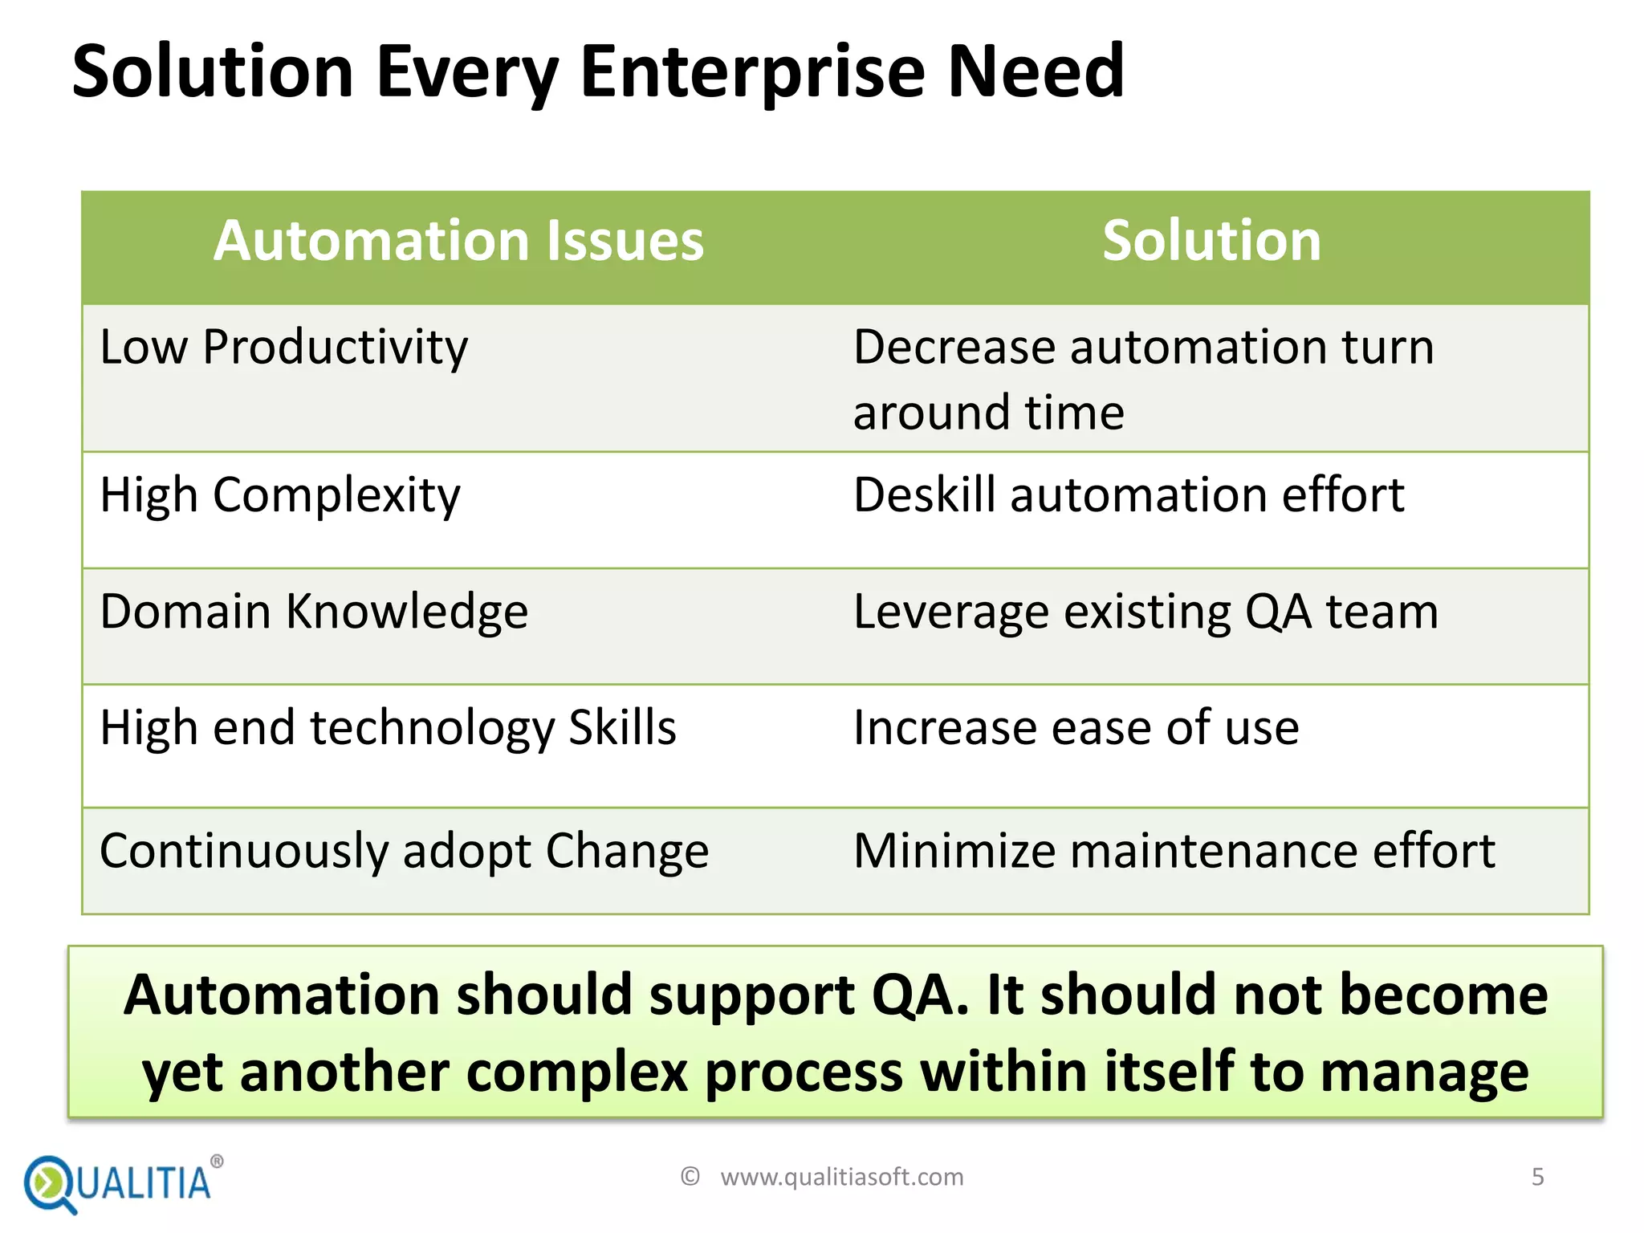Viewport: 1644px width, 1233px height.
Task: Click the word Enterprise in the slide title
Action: point(753,72)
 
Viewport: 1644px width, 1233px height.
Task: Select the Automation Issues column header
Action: point(458,241)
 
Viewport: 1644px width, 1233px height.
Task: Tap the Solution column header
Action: point(1211,241)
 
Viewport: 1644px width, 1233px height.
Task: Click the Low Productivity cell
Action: point(283,348)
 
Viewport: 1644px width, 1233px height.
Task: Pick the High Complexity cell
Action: point(280,495)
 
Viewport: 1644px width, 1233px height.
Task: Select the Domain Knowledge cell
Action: point(314,612)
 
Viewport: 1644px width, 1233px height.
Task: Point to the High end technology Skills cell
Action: point(388,728)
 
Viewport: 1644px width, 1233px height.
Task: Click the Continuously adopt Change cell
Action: point(404,851)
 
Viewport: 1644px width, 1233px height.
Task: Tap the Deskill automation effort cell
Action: point(1128,495)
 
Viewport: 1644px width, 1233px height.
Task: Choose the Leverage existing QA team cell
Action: point(1146,612)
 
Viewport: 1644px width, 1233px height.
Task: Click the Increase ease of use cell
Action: point(1076,728)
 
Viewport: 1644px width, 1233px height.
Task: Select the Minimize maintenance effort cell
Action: point(1174,851)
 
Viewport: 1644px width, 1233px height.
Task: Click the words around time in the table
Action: point(988,413)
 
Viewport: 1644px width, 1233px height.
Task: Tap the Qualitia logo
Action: point(119,1183)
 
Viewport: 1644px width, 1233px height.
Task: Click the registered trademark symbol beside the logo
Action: point(217,1162)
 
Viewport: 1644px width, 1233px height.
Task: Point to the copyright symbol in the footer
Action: point(690,1177)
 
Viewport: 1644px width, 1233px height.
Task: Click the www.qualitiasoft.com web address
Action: point(841,1177)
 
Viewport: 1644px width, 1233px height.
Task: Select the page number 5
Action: point(1537,1177)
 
